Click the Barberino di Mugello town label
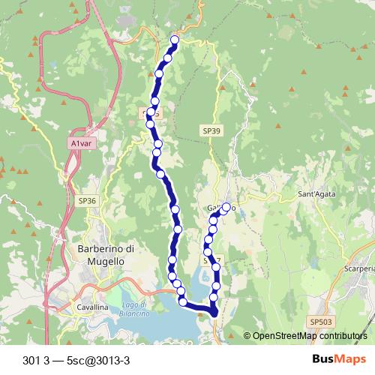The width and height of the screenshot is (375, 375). [105, 255]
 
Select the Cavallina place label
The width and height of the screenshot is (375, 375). [92, 307]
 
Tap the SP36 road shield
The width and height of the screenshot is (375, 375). [87, 201]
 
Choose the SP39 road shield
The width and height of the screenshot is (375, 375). [211, 130]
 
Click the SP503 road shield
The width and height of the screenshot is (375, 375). [320, 321]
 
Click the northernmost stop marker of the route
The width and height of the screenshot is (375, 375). [175, 40]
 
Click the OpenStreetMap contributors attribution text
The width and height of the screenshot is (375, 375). [310, 336]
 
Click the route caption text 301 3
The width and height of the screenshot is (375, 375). [37, 359]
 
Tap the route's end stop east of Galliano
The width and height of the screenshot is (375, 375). [226, 207]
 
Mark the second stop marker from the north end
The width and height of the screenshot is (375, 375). [168, 57]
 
